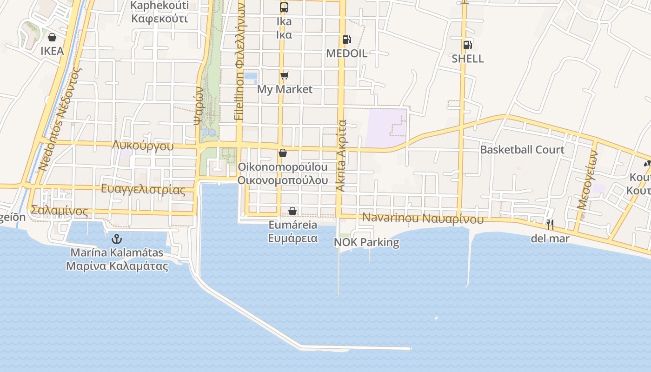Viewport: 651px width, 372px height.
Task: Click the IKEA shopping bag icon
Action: point(52,37)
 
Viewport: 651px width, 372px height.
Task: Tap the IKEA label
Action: point(52,51)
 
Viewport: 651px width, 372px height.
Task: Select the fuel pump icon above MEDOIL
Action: point(346,40)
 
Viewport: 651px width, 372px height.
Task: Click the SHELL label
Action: point(468,59)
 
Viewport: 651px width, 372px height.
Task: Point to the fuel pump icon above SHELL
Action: point(468,45)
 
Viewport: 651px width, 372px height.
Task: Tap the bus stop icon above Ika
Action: point(284,7)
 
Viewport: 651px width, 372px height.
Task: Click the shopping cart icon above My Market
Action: point(284,75)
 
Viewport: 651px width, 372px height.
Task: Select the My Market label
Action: point(285,89)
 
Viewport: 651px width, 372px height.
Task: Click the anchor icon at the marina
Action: point(117,239)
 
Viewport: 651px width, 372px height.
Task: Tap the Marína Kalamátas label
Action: point(117,252)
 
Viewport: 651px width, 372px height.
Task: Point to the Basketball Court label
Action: point(522,150)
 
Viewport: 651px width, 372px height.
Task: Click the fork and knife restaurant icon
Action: point(550,225)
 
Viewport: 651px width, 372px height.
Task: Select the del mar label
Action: point(550,239)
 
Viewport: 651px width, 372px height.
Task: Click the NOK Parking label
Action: point(366,242)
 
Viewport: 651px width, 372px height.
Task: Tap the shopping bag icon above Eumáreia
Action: point(292,212)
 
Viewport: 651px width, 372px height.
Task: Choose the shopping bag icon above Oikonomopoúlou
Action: point(282,153)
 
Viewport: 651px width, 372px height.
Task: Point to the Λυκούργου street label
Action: point(143,146)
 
